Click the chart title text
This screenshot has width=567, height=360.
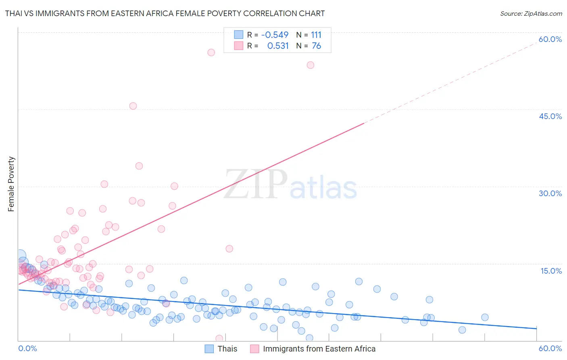pos(165,13)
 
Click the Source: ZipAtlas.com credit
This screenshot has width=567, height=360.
pos(531,13)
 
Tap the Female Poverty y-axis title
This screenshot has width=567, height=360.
pos(11,184)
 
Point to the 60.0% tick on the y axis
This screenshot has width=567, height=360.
pos(550,39)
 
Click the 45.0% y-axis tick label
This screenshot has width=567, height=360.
pos(550,116)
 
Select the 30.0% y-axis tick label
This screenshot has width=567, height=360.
pos(550,193)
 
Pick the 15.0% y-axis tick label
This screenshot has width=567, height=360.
pos(551,271)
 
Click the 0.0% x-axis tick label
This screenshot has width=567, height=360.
pos(27,348)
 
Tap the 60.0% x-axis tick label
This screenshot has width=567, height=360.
pos(550,348)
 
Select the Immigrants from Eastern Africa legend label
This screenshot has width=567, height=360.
pos(319,349)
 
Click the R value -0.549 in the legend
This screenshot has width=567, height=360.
pos(275,35)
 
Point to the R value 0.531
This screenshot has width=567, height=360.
pos(278,46)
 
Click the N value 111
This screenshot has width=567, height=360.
pos(316,35)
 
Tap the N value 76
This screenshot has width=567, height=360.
pos(316,46)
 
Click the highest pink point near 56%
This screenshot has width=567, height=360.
pos(211,52)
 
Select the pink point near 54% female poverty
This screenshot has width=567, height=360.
pos(310,65)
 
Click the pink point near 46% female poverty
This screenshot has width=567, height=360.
pos(133,106)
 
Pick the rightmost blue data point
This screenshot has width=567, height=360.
pos(485,317)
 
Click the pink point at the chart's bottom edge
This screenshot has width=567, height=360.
pos(219,338)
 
